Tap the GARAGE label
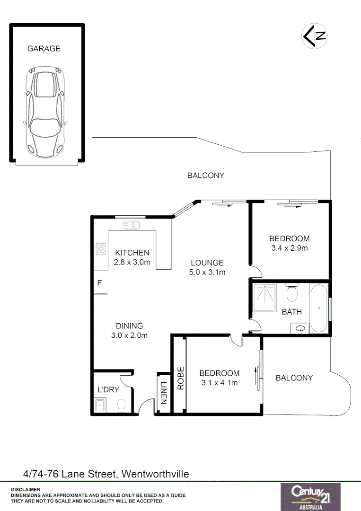(44, 48)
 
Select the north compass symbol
(315, 35)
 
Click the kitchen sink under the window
(131, 225)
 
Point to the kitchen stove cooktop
(101, 248)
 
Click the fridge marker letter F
(99, 283)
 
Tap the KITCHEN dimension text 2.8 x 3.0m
(132, 262)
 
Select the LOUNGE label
(207, 263)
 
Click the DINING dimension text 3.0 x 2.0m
(129, 335)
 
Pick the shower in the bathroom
(268, 298)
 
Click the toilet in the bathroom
(292, 292)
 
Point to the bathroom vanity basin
(299, 327)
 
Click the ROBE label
(180, 378)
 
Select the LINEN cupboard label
(163, 393)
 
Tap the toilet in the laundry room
(121, 405)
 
